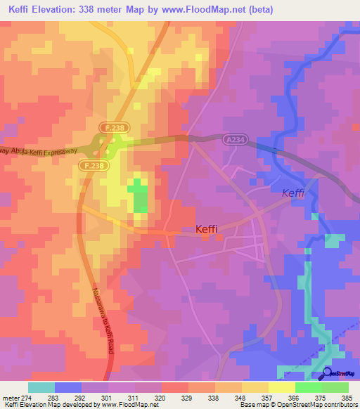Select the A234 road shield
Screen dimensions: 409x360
[236, 140]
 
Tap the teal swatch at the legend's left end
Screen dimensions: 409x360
[41, 387]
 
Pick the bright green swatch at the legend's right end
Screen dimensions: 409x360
[335, 387]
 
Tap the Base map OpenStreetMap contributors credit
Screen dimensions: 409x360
[299, 404]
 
